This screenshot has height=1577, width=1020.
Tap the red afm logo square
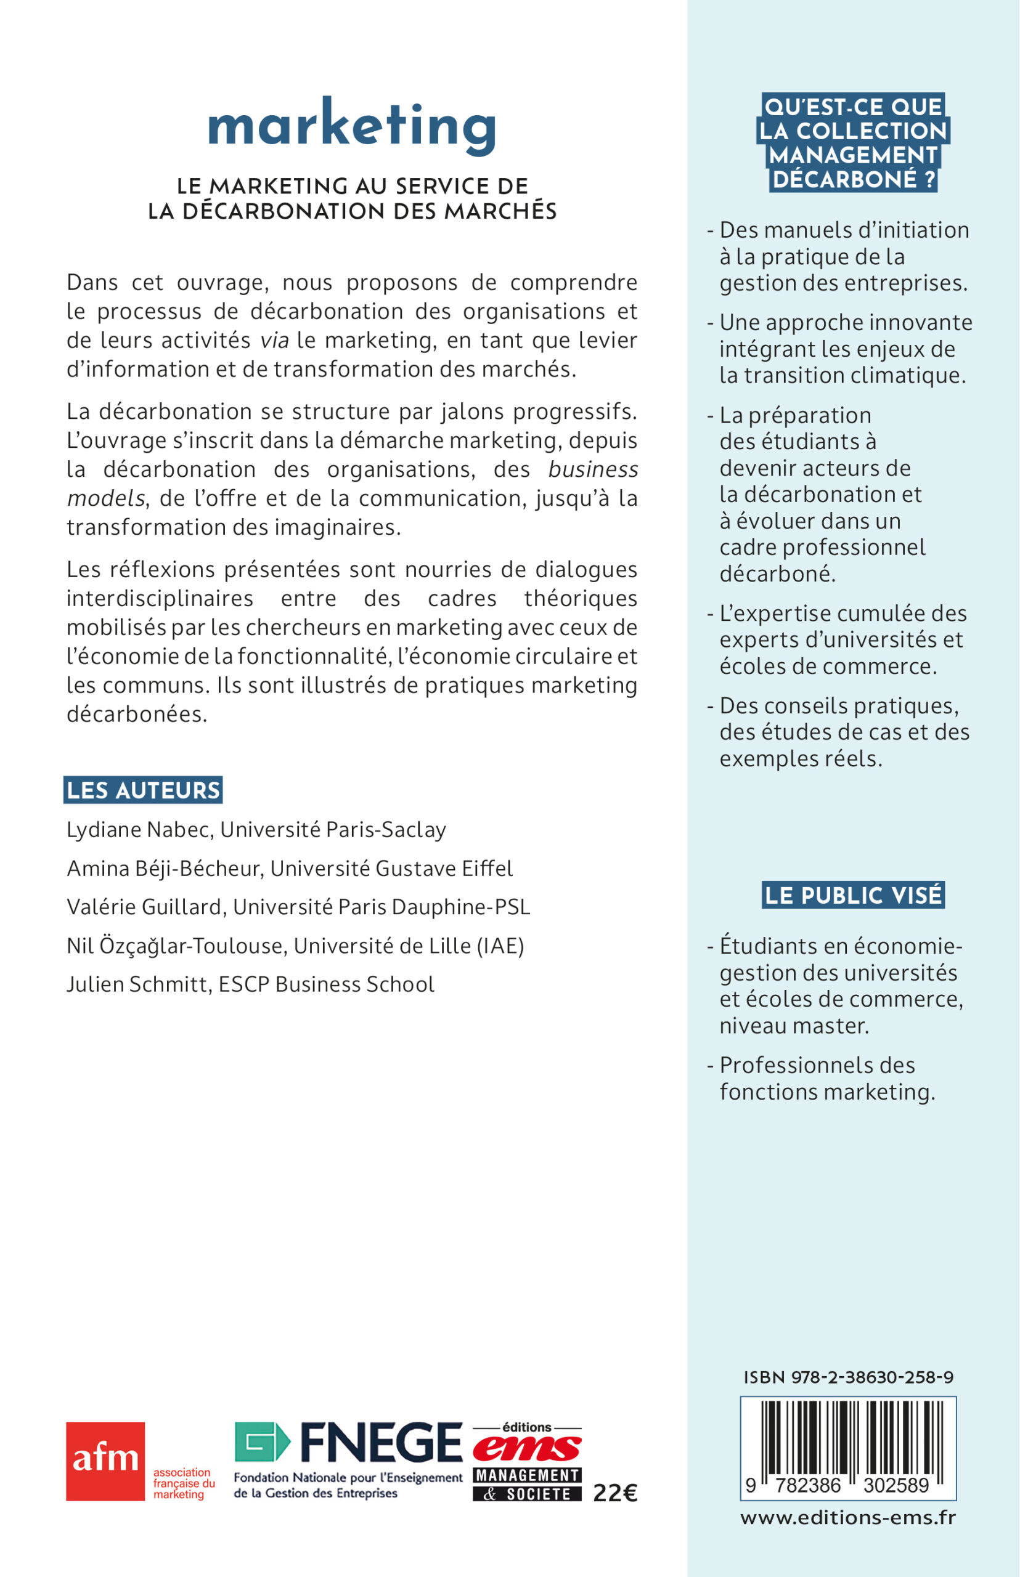tap(105, 1461)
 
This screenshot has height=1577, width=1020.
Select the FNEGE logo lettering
tap(381, 1442)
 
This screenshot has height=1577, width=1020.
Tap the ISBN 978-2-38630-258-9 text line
tap(849, 1377)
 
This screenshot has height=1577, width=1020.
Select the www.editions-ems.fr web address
tap(848, 1517)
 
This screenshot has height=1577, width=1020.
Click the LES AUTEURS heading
tap(143, 790)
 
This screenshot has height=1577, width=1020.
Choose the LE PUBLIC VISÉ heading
tap(853, 895)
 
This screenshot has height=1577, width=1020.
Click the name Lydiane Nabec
tap(140, 830)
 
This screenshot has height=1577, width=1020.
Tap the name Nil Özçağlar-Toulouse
tap(177, 946)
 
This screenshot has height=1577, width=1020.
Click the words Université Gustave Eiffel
tap(391, 868)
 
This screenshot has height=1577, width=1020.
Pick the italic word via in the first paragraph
tap(274, 340)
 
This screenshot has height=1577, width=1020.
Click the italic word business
tap(593, 469)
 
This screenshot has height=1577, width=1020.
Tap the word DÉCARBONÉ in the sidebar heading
tap(844, 179)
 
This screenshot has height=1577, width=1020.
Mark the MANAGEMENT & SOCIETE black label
tap(527, 1485)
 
